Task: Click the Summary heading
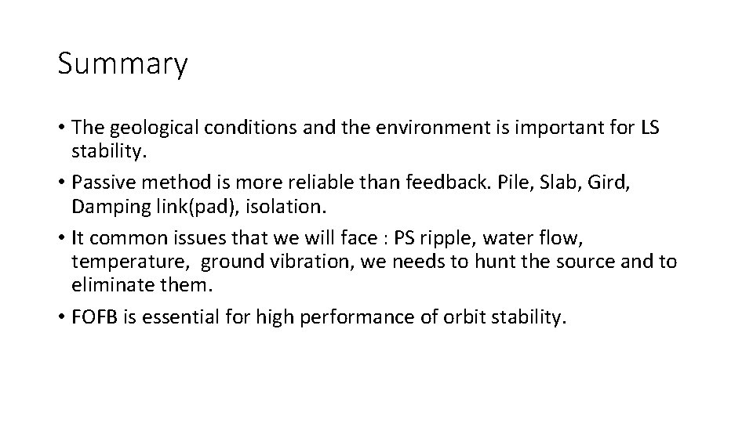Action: [122, 65]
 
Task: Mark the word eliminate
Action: [106, 285]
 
